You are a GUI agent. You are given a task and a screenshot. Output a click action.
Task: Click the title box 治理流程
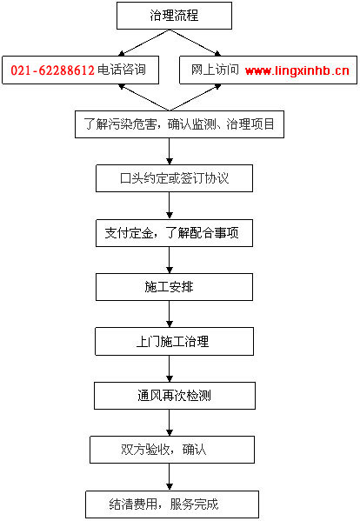point(174,16)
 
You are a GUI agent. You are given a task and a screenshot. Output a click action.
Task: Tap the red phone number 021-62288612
point(52,70)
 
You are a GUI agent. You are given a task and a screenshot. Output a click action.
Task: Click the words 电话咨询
point(122,70)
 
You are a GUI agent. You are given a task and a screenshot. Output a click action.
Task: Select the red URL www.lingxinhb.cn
point(297,70)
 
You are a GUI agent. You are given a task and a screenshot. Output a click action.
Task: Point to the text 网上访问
point(215,70)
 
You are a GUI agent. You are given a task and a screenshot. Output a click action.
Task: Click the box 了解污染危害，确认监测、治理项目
point(179,124)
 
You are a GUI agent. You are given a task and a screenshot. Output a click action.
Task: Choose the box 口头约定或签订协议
point(174,178)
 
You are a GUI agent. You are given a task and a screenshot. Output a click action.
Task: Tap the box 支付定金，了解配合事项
point(174,233)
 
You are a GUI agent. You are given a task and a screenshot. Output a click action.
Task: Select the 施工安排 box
point(174,287)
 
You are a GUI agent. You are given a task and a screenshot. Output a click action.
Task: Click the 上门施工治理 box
point(174,342)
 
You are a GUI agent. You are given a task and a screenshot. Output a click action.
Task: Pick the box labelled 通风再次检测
point(175,396)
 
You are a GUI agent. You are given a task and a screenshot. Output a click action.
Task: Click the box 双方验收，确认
point(172,450)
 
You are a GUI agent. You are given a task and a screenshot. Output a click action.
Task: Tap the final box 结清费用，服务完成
point(172,504)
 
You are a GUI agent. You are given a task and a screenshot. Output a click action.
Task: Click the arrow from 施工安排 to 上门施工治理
point(170,314)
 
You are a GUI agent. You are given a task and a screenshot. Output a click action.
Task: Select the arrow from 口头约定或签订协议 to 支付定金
point(170,205)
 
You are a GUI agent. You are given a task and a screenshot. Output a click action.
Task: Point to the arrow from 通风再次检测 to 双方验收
point(170,423)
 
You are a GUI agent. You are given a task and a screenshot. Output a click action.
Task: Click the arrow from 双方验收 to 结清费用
point(170,478)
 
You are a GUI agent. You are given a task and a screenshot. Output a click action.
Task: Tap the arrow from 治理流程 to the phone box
point(143,43)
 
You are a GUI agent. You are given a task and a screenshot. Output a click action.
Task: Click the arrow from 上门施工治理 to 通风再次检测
point(170,369)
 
